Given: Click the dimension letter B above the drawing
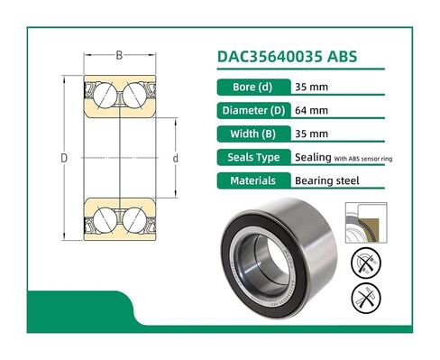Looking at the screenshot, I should (119, 56).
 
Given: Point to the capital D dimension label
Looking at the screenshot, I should (63, 158).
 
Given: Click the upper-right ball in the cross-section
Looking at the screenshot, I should (133, 94).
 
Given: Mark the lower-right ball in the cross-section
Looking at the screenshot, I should (133, 218).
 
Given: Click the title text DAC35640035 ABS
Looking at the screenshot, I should (288, 55).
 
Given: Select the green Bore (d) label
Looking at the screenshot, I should (254, 88).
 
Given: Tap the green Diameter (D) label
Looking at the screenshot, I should (254, 111).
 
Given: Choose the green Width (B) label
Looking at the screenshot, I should (254, 134).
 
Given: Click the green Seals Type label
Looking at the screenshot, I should (254, 158).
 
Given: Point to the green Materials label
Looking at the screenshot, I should (254, 180).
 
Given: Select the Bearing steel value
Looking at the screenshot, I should (327, 180).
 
